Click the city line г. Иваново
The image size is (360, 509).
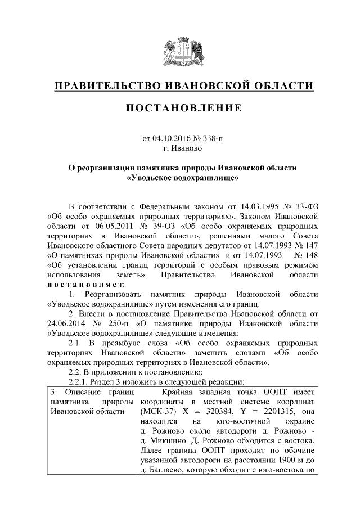click(x=180, y=148)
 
